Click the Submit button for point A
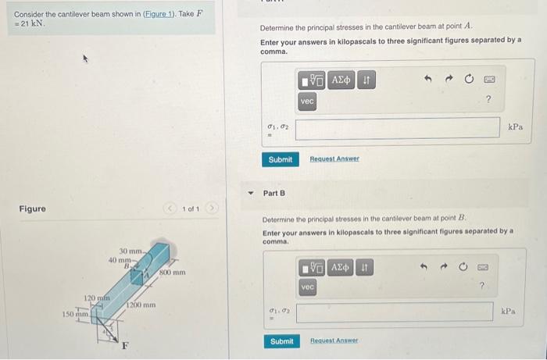280,159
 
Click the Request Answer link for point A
334,159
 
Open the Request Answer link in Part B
333,341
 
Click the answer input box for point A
398,127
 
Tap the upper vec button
307,102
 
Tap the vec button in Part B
308,288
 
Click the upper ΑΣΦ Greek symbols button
341,80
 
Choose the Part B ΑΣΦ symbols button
341,268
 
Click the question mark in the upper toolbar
488,99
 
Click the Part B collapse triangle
251,193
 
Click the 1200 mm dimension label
141,305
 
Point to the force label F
124,345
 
